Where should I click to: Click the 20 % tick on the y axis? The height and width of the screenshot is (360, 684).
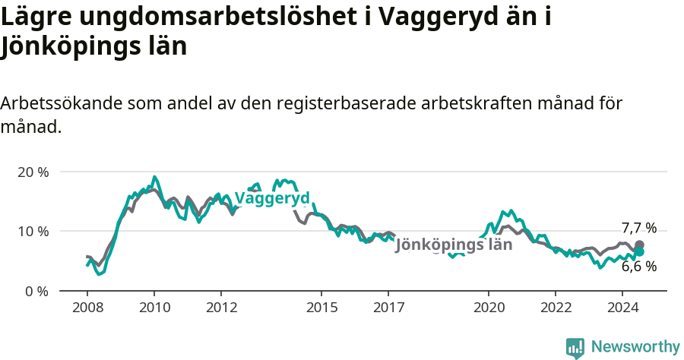pos(32,172)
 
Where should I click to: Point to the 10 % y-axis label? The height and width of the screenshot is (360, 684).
pos(32,231)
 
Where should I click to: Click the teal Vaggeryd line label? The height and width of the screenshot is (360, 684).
pos(272,198)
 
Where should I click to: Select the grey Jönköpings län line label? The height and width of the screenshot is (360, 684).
pos(454,245)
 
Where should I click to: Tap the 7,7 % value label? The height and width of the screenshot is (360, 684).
pos(638,228)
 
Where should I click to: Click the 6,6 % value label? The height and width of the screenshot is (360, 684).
pos(638,267)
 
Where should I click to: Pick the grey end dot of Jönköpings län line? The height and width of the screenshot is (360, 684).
pos(639,245)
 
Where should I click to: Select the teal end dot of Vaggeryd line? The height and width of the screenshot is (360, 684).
pos(639,251)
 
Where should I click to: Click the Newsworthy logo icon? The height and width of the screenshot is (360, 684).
pos(575,348)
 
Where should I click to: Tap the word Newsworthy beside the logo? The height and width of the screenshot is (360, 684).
pos(635,347)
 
